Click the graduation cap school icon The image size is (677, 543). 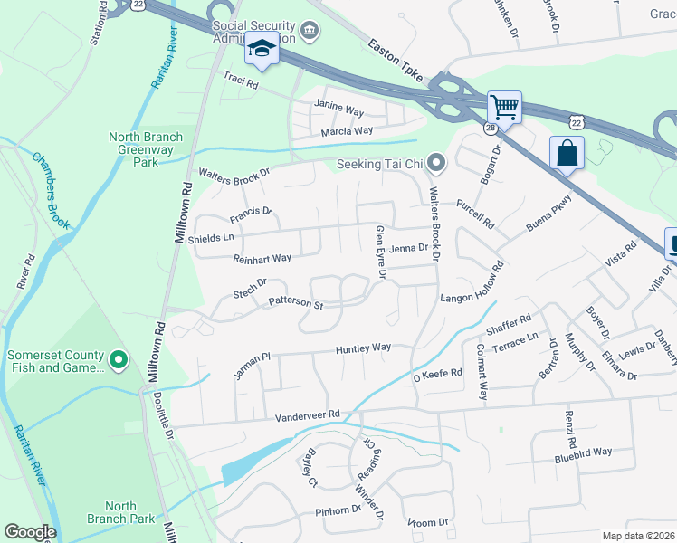coord(261,49)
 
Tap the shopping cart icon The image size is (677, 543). coord(504,108)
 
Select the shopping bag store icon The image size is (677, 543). coord(567,152)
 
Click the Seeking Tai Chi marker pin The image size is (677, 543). coord(437,164)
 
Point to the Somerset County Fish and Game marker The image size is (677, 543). coord(118,361)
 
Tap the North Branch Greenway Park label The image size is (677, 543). coord(146,149)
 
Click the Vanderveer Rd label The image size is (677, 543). coord(308,414)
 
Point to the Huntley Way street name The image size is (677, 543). coord(363,348)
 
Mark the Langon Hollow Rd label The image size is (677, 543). coord(471,288)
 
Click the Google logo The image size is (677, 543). coord(30,532)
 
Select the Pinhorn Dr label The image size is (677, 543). coord(338,511)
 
